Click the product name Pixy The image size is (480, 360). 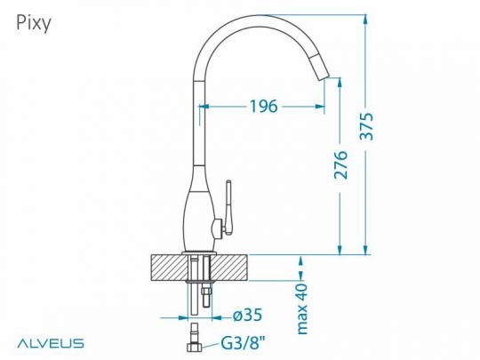(x=34, y=23)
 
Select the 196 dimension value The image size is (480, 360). (x=262, y=106)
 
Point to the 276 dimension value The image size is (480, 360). (x=340, y=165)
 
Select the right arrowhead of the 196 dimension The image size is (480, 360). (x=321, y=106)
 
